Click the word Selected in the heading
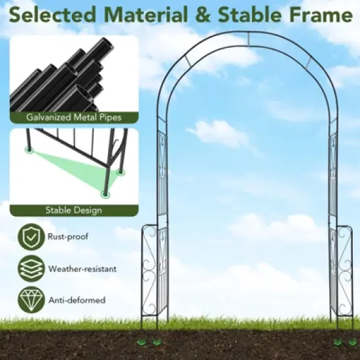51,14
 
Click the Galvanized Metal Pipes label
73,118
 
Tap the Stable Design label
73,210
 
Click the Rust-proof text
68,237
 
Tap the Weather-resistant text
82,268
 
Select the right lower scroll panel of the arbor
344,268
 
